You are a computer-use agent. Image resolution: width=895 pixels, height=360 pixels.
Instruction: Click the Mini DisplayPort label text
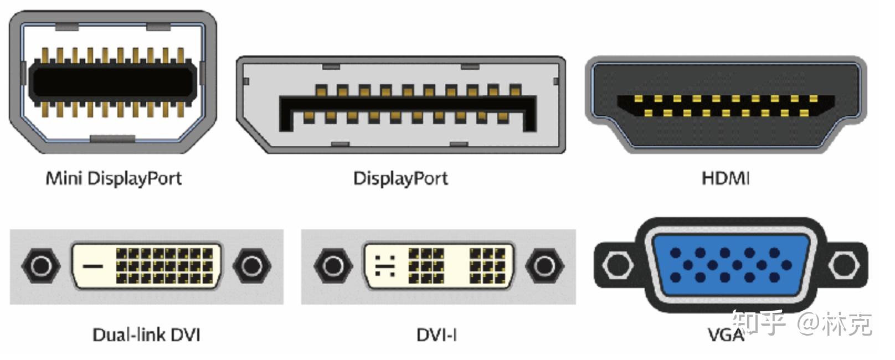114,178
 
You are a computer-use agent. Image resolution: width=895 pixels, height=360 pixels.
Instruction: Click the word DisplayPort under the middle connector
400,178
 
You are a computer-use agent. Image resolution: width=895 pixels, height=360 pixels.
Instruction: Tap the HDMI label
726,178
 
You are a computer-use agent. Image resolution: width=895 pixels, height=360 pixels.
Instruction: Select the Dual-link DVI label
146,335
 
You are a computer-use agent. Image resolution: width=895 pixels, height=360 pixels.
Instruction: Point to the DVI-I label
436,335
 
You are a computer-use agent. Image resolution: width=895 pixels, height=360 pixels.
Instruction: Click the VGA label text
726,335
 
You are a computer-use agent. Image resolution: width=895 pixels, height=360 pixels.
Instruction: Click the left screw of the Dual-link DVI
41,266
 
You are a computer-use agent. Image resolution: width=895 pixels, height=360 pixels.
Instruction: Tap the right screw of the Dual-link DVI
252,266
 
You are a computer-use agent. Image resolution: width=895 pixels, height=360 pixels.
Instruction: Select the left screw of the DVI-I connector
333,266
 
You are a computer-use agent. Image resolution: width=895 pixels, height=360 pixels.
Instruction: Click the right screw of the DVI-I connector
544,266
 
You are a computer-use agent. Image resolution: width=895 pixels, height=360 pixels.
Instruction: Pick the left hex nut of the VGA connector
618,265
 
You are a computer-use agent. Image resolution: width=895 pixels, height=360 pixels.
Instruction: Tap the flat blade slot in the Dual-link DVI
92,266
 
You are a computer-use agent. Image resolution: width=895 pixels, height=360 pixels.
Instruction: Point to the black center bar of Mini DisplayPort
113,82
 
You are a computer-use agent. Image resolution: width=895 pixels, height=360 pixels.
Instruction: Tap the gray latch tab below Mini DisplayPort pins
112,138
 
